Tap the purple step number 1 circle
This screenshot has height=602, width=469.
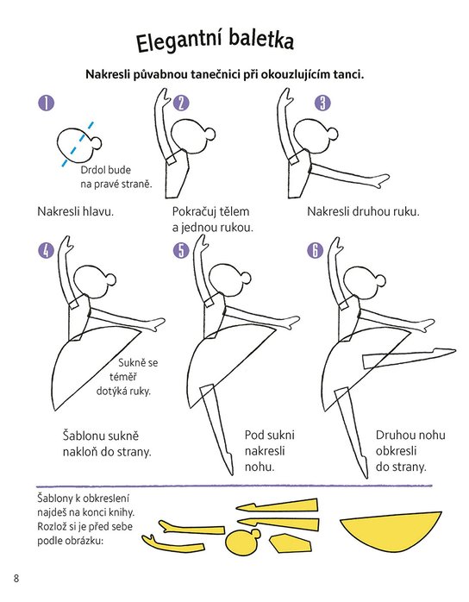[47, 103]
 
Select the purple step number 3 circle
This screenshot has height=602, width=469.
[322, 103]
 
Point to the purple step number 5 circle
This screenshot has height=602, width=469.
[181, 250]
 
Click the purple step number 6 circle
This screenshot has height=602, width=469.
[315, 250]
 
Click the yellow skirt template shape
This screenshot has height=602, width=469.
[391, 532]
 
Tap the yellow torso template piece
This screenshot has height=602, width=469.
[290, 542]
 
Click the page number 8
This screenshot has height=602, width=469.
[16, 578]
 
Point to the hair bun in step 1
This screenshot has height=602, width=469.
[97, 142]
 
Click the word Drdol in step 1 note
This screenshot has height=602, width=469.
[92, 170]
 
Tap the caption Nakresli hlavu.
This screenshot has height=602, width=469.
[76, 211]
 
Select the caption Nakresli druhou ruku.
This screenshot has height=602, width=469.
[363, 211]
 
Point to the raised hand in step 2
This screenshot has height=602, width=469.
[165, 95]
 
